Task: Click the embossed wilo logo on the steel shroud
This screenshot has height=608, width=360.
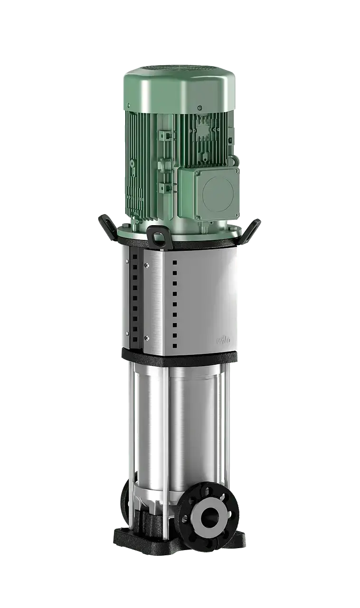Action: point(223,340)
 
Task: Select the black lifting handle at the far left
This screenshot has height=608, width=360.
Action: point(105,225)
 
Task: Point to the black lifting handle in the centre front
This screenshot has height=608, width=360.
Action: point(159,235)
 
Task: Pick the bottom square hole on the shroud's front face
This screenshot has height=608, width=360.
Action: point(175,346)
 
